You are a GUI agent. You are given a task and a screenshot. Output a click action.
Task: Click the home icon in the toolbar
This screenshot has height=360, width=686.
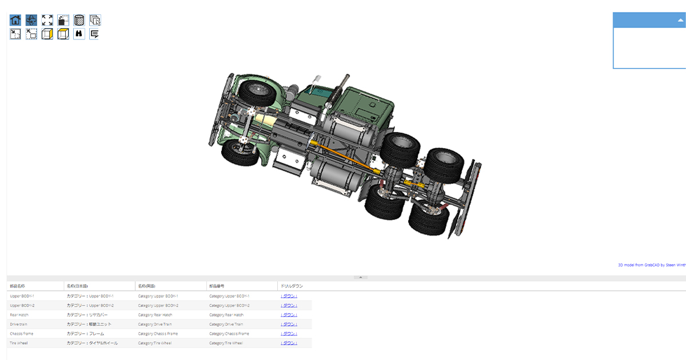click(x=15, y=20)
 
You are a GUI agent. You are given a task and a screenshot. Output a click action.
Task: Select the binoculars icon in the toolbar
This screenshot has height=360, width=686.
click(x=79, y=34)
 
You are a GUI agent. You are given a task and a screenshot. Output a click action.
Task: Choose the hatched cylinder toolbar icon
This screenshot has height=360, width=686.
click(x=79, y=20)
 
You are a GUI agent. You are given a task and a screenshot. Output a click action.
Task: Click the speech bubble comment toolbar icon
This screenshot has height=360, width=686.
click(x=95, y=34)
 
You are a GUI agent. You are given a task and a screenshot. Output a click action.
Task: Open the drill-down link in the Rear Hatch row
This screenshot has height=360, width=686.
click(x=289, y=315)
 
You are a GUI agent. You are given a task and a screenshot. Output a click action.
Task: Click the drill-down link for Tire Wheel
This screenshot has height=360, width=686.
click(x=289, y=343)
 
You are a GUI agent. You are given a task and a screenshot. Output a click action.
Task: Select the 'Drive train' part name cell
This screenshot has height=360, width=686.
click(x=19, y=324)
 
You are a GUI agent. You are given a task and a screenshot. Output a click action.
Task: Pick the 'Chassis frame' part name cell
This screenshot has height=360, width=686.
click(x=22, y=334)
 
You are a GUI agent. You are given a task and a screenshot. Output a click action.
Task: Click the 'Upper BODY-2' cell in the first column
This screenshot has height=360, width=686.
click(x=22, y=306)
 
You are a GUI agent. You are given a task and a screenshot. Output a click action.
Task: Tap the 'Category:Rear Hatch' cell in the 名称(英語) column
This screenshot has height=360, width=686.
click(x=155, y=315)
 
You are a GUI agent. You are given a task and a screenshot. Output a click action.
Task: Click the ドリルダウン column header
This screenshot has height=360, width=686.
click(x=292, y=286)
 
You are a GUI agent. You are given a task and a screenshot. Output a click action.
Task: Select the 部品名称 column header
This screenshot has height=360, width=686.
click(x=18, y=286)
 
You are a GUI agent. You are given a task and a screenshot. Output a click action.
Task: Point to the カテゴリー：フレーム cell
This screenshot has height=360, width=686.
click(x=85, y=334)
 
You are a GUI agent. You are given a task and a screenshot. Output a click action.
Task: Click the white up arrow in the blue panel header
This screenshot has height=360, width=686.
click(x=680, y=20)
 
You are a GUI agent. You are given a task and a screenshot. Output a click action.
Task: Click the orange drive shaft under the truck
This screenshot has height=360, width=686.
click(x=343, y=157)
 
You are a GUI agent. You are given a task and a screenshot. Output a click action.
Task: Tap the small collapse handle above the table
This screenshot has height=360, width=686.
click(x=360, y=277)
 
